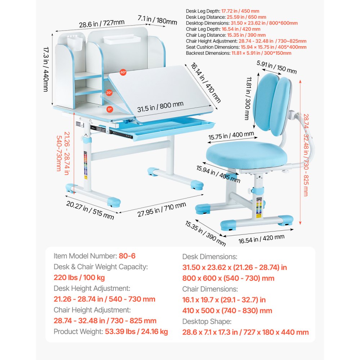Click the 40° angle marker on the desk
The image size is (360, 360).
coord(123,72)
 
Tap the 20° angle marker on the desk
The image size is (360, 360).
coord(109,93)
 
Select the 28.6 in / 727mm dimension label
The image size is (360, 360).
coord(102,24)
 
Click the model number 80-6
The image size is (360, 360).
coord(127,256)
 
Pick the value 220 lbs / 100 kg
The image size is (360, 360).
coord(80,278)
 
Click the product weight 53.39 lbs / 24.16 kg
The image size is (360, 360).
coord(136,332)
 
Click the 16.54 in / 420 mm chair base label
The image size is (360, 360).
coord(261,239)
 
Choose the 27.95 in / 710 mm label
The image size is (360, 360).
coord(162,209)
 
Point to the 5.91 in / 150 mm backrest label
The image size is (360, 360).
coord(276,67)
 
